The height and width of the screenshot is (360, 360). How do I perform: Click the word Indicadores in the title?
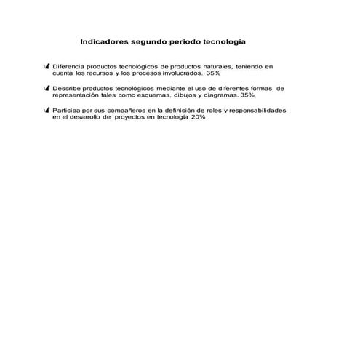click(107, 42)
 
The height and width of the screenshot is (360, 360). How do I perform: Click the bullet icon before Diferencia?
click(47, 66)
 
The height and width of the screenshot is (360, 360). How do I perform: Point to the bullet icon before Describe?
click(47, 88)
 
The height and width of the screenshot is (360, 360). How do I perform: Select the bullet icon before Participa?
click(47, 110)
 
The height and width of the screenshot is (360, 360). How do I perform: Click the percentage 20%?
click(199, 117)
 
